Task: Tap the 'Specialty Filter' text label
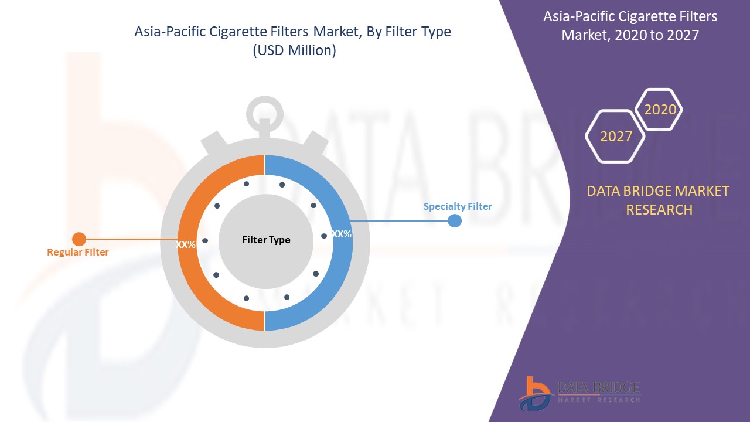[x=458, y=207]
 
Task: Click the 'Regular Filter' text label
[x=78, y=252]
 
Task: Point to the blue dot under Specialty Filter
[x=455, y=221]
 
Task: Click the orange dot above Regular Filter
[x=79, y=239]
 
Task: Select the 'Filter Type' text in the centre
[x=266, y=240]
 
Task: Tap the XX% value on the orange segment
[x=186, y=244]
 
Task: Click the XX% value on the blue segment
[x=342, y=234]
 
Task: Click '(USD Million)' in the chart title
[x=295, y=50]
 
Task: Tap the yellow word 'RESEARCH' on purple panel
[x=659, y=210]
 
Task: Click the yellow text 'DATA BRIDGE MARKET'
[x=658, y=191]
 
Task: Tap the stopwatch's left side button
[x=214, y=142]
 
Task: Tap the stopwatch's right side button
[x=315, y=142]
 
